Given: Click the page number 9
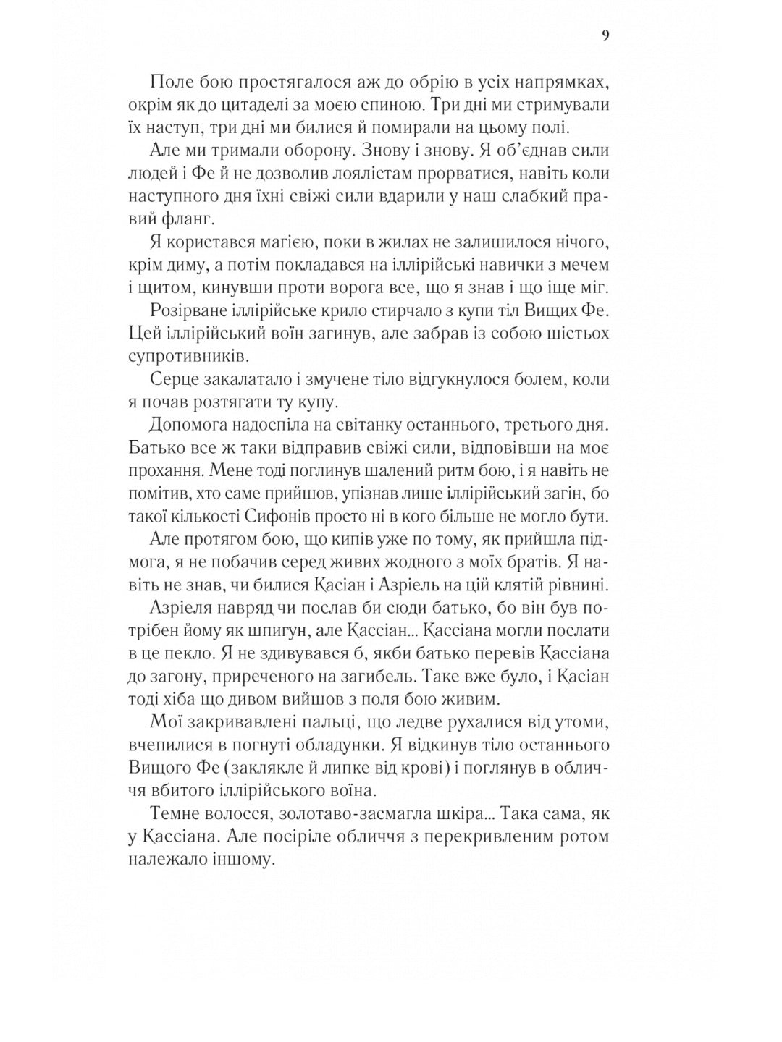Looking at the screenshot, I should [x=605, y=36].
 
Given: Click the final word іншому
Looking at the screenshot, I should [x=243, y=860].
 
